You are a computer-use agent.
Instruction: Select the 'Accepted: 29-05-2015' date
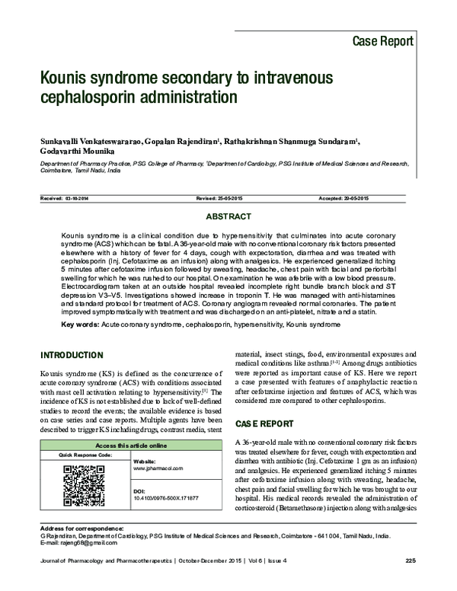click(344, 198)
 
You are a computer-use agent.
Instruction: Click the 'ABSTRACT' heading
click(228, 217)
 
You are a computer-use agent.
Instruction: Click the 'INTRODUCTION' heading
click(72, 356)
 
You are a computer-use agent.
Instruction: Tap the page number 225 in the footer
click(411, 561)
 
